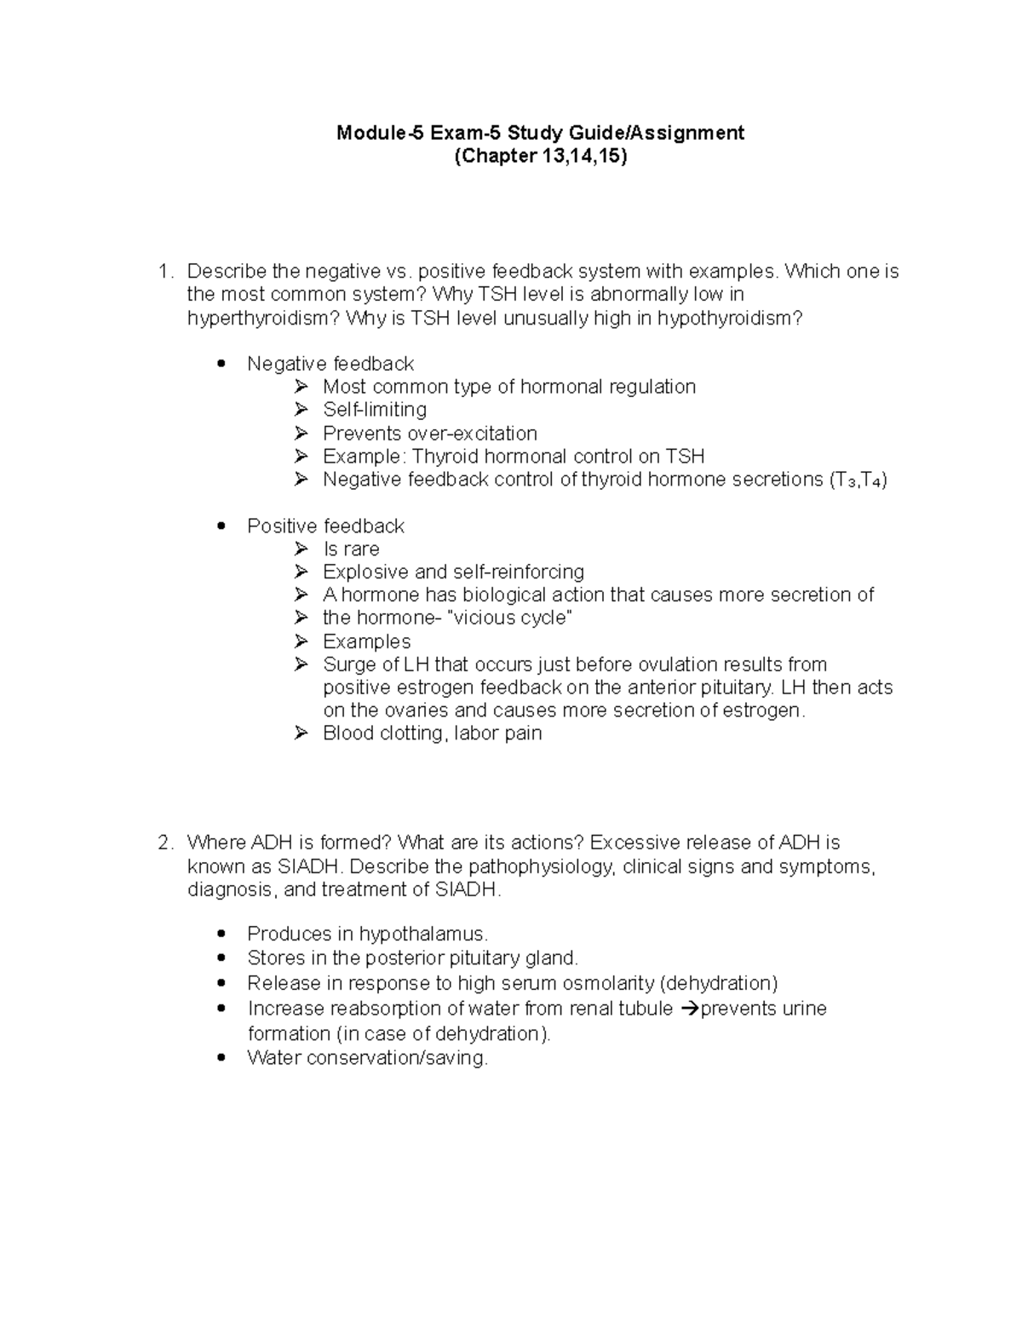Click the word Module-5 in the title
click(378, 133)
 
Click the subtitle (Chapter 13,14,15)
click(540, 157)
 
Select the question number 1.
click(164, 272)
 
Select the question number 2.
click(164, 843)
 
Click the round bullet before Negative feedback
click(222, 364)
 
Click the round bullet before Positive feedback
click(222, 526)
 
